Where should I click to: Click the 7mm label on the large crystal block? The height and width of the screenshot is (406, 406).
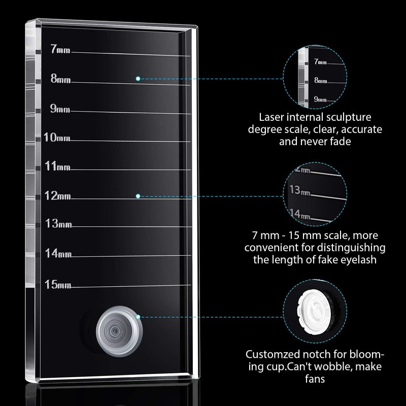pos(60,50)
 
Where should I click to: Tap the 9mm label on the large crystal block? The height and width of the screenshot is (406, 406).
pos(60,109)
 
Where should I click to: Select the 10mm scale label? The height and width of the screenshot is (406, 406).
pos(57,138)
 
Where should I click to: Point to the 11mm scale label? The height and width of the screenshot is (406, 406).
pos(57,166)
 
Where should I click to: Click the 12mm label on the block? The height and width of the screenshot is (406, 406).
pos(57,196)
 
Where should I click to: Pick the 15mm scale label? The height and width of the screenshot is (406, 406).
pos(57,284)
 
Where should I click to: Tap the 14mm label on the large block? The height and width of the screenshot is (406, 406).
pos(57,253)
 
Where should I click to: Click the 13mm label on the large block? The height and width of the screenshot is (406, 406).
pos(58,223)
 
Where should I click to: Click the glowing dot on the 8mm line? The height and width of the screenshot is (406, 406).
pos(138,79)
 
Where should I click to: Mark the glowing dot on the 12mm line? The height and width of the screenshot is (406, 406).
pos(138,195)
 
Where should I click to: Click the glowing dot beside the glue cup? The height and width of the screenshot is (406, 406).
pos(138,317)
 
